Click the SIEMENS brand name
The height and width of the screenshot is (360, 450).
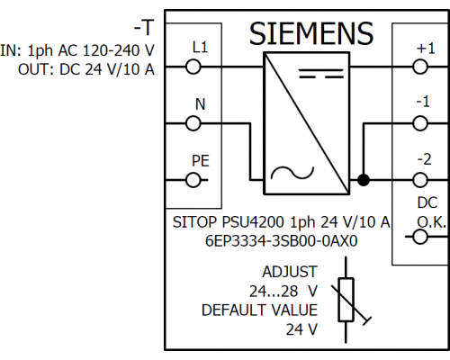[x=311, y=33]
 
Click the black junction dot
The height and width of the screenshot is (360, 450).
[x=364, y=180]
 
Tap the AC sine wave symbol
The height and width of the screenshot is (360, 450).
[x=292, y=173]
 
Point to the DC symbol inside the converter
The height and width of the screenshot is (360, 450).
[x=321, y=74]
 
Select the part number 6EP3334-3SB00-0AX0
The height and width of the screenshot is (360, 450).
[x=281, y=241]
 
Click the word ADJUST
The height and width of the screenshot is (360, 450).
[x=290, y=272]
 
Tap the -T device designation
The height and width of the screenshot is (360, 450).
[x=144, y=28]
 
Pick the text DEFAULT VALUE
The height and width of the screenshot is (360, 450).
[x=259, y=310]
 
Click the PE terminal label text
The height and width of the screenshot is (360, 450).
[x=201, y=161]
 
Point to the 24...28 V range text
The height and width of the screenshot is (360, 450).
[x=283, y=291]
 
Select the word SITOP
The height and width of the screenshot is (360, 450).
[x=194, y=222]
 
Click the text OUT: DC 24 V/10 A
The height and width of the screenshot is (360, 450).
[x=86, y=69]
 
